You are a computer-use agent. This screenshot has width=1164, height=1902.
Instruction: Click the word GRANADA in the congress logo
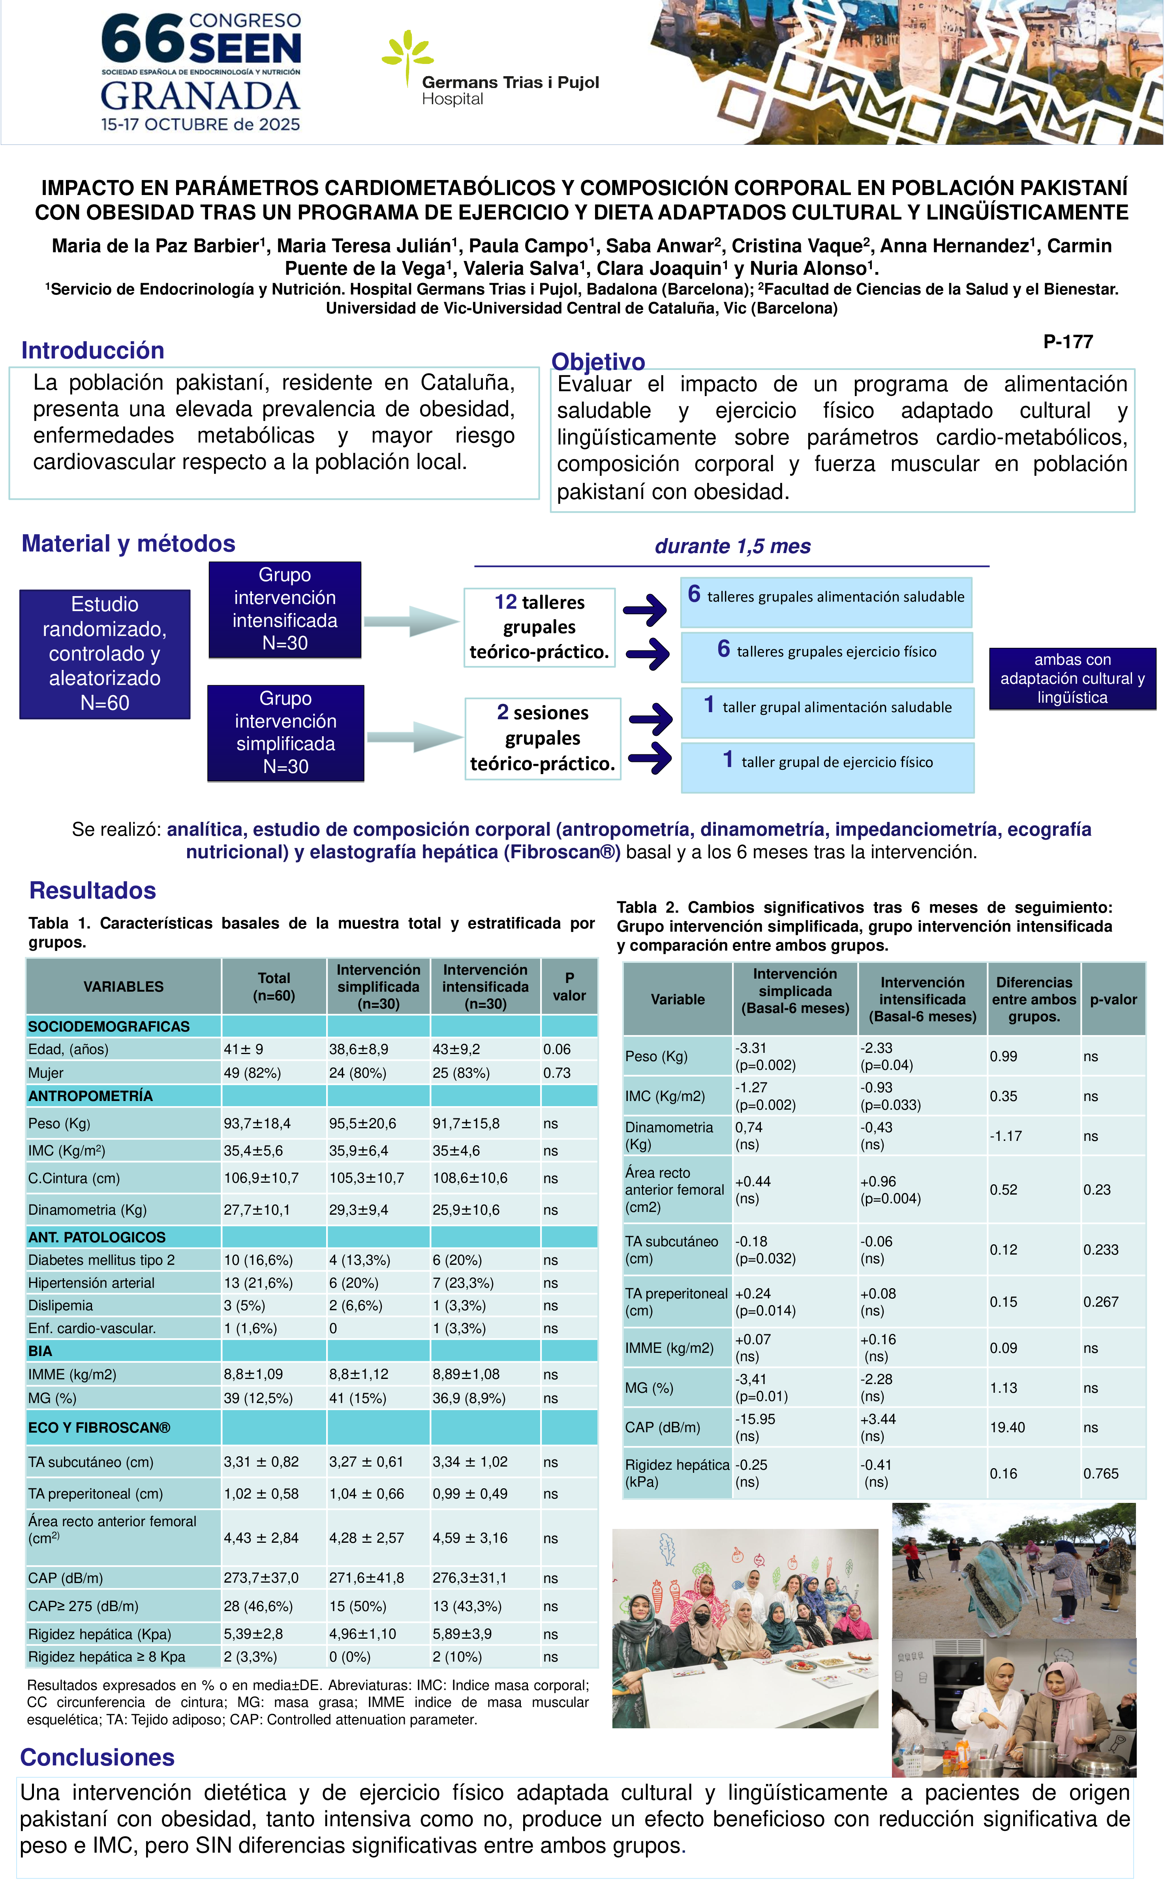200,96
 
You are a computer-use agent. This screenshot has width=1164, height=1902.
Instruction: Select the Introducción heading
93,351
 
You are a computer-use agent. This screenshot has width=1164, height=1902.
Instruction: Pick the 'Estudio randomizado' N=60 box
105,654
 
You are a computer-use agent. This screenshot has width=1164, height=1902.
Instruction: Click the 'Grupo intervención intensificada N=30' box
285,609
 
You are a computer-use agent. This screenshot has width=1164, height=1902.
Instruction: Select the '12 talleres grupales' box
539,627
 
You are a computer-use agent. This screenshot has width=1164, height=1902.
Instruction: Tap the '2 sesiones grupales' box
543,738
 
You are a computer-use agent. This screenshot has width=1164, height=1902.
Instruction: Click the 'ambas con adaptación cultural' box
1072,679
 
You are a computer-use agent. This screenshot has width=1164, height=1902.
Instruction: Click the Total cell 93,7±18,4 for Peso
257,1123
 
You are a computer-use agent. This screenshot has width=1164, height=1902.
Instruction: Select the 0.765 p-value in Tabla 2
1101,1474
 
